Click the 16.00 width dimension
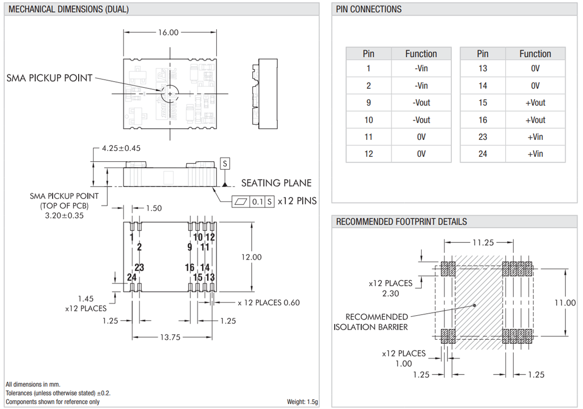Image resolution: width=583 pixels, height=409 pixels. point(168,33)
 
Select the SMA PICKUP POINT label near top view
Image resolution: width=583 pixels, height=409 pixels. point(50,78)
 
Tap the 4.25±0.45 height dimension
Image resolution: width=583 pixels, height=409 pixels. point(121,148)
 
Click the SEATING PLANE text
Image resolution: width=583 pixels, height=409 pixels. point(276,183)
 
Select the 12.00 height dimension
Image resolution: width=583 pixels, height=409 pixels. point(251,257)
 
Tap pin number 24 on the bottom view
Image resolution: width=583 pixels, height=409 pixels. point(132,277)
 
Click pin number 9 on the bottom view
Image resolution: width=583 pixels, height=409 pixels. point(189,247)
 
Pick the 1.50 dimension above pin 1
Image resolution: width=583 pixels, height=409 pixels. point(154,208)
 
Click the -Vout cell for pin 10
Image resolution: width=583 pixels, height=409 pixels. point(421,120)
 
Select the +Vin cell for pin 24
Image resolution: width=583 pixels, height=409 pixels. point(535,154)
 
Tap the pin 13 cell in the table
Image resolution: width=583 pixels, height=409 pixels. point(482,68)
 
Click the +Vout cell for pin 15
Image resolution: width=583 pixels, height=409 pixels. point(535,103)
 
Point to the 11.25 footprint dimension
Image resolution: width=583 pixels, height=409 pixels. point(480,242)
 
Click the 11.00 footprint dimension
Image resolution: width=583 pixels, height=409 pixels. point(565,303)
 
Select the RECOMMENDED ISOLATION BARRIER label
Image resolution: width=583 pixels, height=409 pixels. point(371,322)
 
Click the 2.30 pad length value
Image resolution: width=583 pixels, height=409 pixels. point(391,293)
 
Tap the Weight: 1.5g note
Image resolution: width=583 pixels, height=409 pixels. point(302,402)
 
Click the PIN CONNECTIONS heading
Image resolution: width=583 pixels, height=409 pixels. point(369,9)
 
